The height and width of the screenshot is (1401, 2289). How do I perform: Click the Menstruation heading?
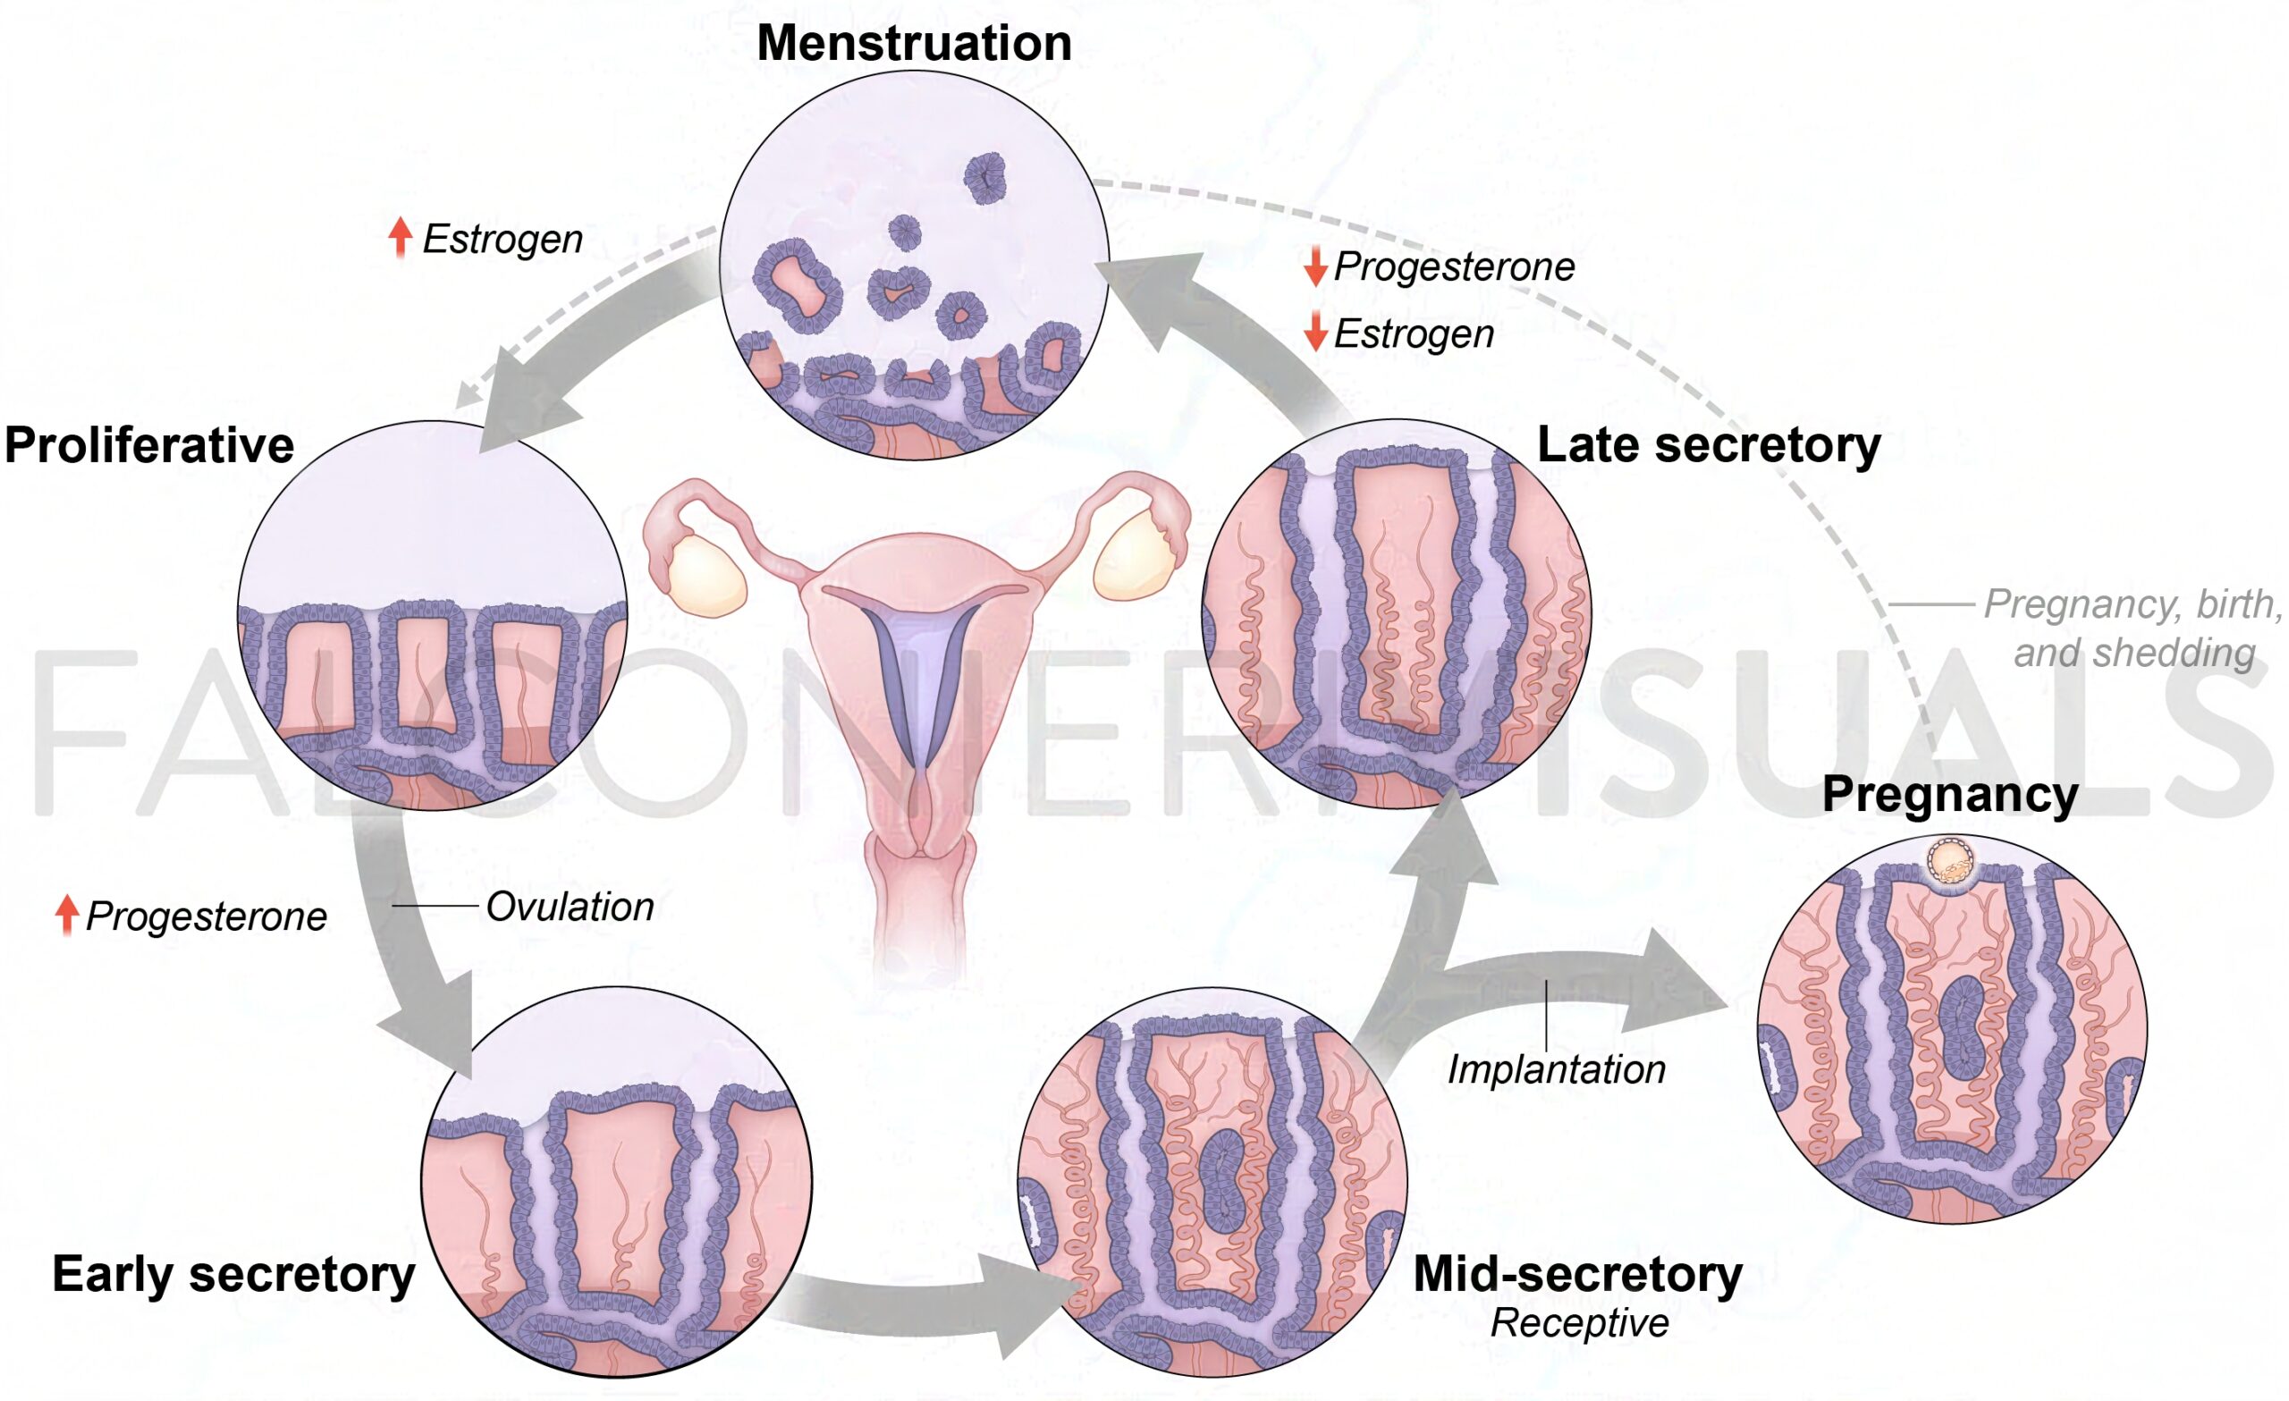(x=914, y=44)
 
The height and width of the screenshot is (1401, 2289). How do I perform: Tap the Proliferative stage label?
(x=149, y=445)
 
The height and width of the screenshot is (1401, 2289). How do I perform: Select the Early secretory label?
(x=233, y=1274)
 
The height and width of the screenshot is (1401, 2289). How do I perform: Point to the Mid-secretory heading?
(x=1577, y=1274)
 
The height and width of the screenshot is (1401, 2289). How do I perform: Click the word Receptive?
(x=1579, y=1323)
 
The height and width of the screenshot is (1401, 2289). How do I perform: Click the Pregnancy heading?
(x=1950, y=794)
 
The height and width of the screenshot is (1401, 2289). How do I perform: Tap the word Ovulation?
(x=570, y=907)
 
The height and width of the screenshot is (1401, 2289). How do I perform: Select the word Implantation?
(x=1556, y=1069)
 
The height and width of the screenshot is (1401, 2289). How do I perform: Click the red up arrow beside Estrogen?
(x=400, y=236)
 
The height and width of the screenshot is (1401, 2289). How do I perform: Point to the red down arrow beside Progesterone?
(x=1314, y=266)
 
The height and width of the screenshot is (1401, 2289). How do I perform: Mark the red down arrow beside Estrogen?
(x=1314, y=332)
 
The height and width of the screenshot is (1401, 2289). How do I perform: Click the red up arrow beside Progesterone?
(x=66, y=916)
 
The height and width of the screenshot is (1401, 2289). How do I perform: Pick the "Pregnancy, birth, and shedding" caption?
(x=2132, y=628)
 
